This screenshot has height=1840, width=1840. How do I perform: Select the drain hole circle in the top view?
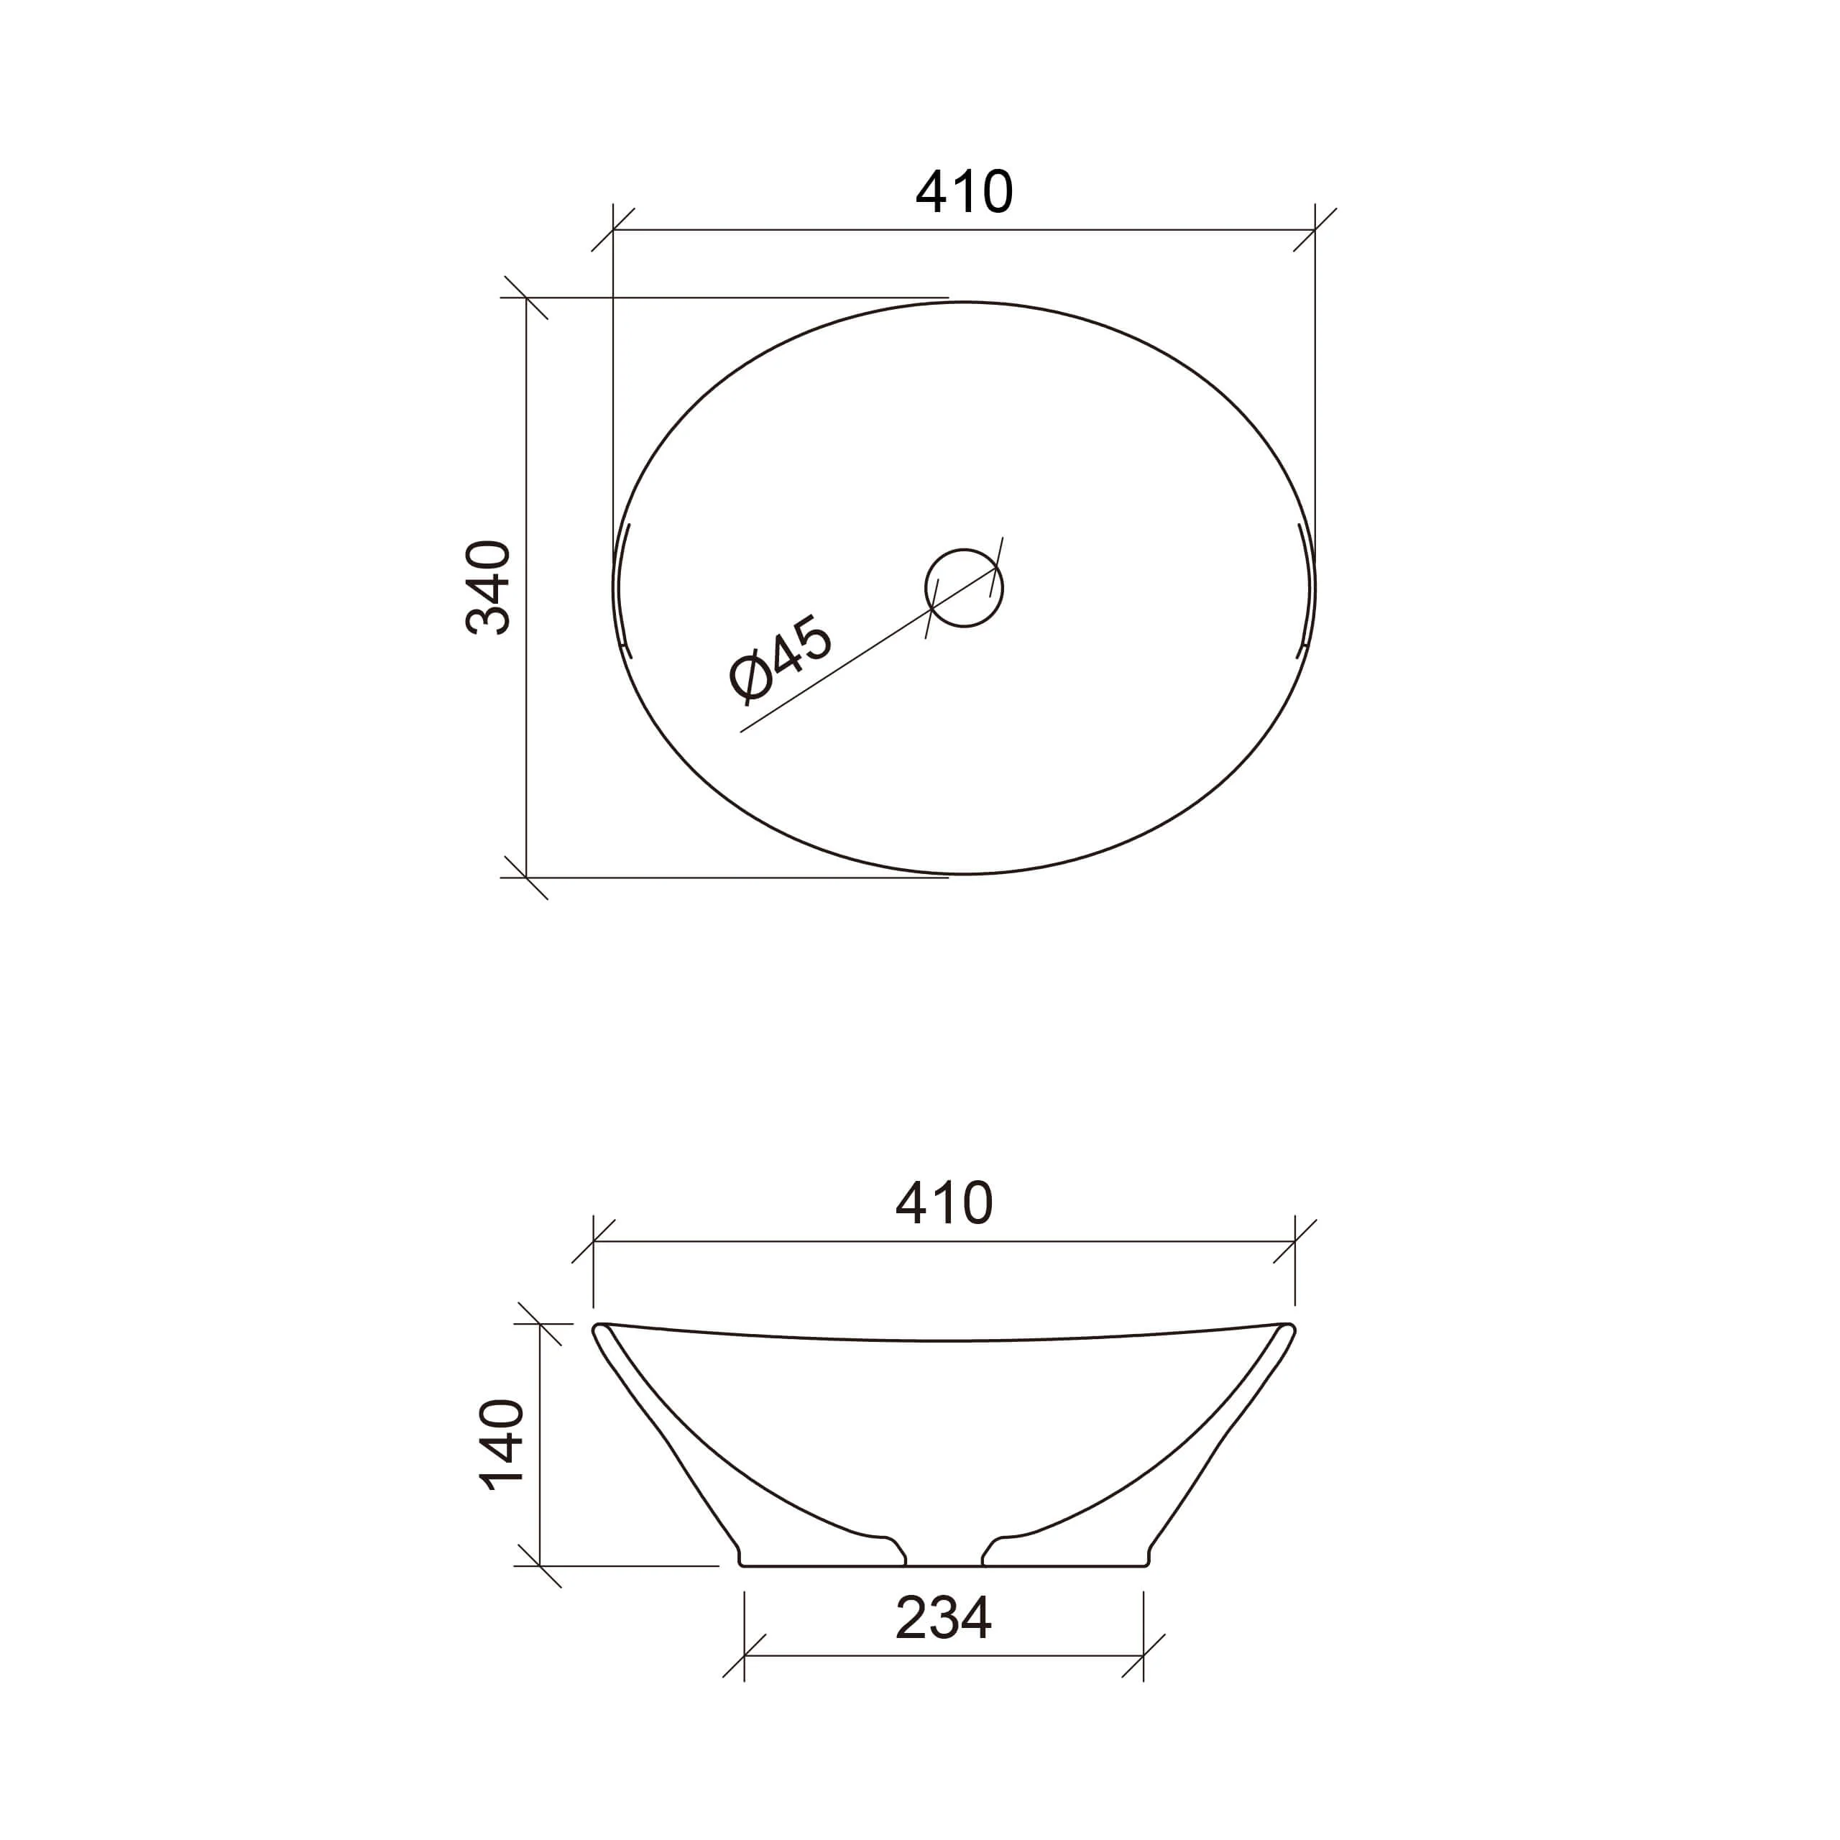(964, 588)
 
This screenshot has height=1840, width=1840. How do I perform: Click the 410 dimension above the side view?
(944, 1203)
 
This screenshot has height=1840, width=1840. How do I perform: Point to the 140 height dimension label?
(502, 1445)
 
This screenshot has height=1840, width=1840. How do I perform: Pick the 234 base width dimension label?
(944, 1617)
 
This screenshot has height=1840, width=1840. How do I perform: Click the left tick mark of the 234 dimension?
(744, 1655)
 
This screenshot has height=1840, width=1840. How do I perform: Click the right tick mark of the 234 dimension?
(1143, 1655)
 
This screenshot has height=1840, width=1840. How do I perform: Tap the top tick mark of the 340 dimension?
(527, 298)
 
